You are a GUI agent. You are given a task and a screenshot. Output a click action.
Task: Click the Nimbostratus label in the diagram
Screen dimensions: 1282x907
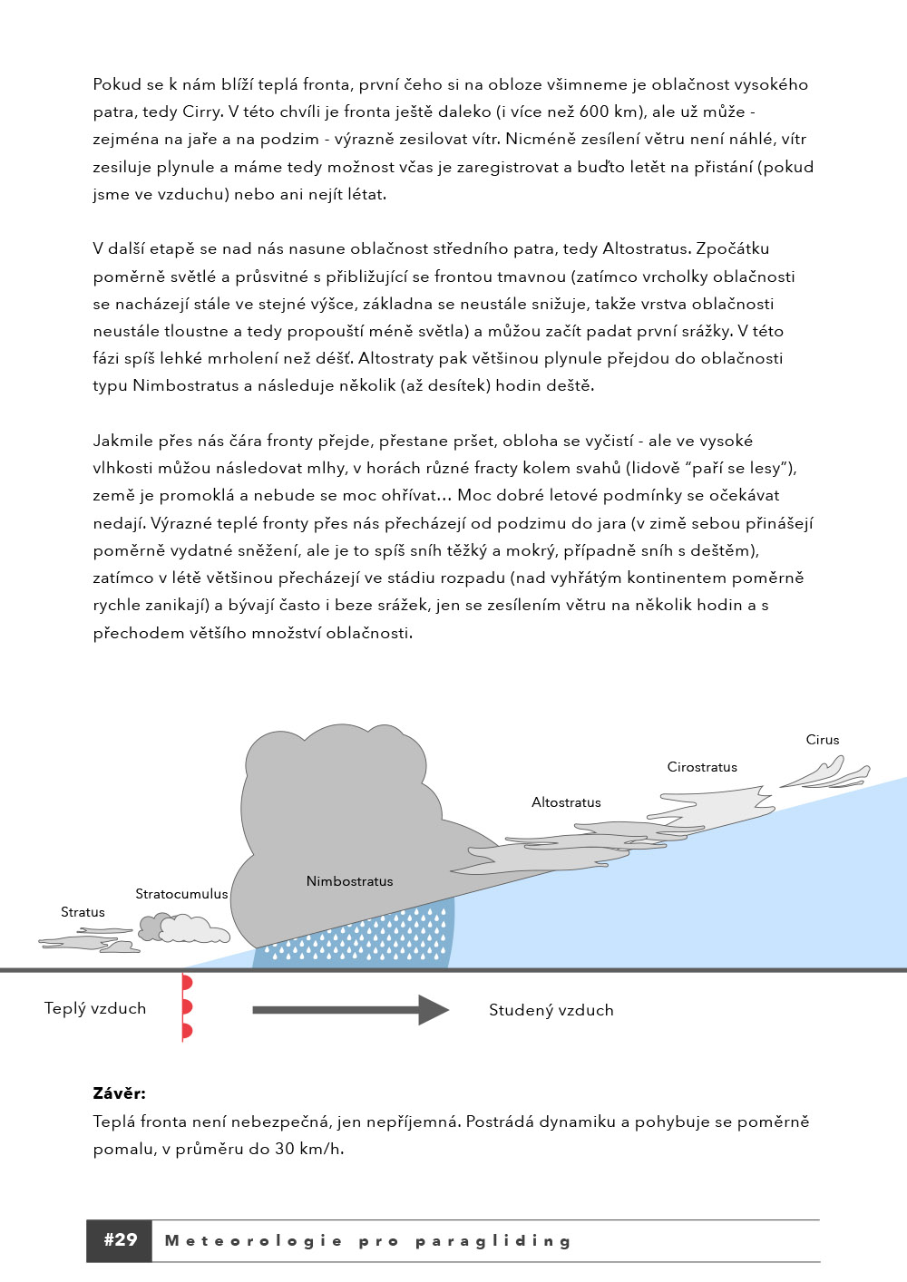[x=349, y=881]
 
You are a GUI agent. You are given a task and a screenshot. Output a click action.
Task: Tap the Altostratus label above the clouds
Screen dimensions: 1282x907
[x=566, y=802]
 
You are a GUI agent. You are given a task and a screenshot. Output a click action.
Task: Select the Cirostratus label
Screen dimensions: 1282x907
[x=702, y=767]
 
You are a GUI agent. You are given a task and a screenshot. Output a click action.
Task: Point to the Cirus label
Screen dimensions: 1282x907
[x=823, y=740]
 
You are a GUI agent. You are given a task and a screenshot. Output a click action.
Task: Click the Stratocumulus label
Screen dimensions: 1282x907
[x=181, y=894]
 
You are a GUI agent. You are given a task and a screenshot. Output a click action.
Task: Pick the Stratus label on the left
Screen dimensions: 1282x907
[x=83, y=912]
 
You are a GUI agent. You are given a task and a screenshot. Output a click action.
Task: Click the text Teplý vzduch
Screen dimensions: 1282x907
[x=95, y=1008]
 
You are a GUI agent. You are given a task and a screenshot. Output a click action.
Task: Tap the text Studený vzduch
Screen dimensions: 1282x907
[x=551, y=1010]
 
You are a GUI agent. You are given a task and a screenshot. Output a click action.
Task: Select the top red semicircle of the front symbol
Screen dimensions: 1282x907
[x=187, y=983]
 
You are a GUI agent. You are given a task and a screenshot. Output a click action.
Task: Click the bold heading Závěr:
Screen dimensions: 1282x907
[x=119, y=1093]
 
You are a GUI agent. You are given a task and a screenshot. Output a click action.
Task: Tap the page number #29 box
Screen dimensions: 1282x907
[x=120, y=1240]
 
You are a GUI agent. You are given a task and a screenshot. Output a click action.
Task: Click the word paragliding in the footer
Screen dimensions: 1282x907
[x=493, y=1241]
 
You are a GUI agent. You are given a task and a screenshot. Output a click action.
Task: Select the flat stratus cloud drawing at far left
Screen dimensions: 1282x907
[x=86, y=944]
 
